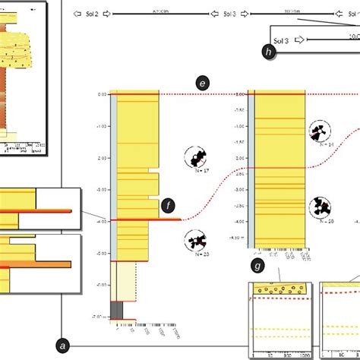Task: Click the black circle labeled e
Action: coord(201,84)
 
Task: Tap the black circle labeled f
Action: coord(169,205)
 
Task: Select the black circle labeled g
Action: coord(258,266)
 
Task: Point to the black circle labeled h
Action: coord(268,51)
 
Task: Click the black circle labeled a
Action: coord(63,345)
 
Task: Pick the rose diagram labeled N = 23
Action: coord(198,242)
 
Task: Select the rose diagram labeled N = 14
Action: coord(320,132)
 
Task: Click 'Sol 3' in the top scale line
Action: coord(229,14)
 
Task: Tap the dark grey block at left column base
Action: coord(117,310)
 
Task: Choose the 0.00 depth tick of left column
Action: coord(102,95)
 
